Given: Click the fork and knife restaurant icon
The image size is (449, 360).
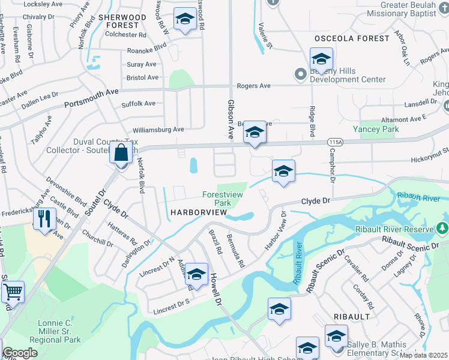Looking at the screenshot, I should [44, 218].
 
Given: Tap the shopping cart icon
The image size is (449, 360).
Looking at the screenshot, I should [13, 292].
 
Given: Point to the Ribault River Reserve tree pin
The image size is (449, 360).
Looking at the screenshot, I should [442, 229].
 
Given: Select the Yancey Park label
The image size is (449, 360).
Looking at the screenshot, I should [376, 129].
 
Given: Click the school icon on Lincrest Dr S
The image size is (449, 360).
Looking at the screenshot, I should [196, 275].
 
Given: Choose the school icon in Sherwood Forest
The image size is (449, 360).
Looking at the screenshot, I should [184, 19].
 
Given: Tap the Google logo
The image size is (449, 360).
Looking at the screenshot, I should [19, 353].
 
